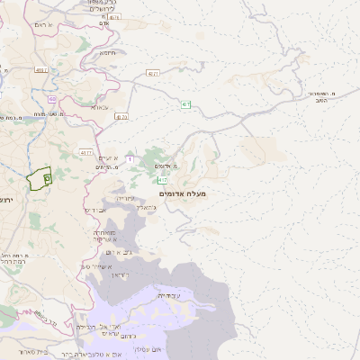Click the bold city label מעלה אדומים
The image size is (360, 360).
182,193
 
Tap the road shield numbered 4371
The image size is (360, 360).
153,73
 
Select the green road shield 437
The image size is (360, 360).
184,105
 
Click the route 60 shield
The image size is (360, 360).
53,99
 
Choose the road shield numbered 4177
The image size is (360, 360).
86,153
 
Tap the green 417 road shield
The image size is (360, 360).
163,180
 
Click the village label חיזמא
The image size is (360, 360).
108,51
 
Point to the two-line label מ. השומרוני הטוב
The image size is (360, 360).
321,97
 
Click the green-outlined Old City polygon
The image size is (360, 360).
38,180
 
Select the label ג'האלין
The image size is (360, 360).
147,208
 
